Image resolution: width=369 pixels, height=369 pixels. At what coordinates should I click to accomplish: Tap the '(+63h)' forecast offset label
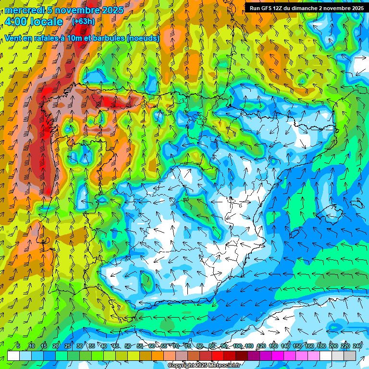coord(83,21)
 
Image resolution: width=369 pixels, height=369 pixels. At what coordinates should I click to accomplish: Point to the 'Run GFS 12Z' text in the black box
coord(266,8)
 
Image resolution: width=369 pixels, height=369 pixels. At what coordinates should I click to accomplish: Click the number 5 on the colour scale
coord(18,346)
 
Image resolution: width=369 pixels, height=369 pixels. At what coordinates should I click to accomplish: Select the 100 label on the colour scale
coord(237,346)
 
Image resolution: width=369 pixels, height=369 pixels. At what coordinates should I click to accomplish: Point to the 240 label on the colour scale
coord(357,346)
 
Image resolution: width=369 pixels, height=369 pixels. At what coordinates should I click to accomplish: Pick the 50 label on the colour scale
coord(127,346)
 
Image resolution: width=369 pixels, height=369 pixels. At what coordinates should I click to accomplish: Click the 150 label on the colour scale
coord(297,346)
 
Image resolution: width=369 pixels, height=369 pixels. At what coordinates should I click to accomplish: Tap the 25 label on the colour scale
coord(67,346)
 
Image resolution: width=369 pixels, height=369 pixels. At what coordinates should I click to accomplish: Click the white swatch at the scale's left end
coord(13,356)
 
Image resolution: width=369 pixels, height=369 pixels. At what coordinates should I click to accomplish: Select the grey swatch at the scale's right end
coord(350,356)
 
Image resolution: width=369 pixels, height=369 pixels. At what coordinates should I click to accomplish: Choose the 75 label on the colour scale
coord(187,346)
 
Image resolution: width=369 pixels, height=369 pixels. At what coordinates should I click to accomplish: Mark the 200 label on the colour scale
coord(333,346)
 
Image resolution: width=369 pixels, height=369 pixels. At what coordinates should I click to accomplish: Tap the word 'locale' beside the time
coord(46,22)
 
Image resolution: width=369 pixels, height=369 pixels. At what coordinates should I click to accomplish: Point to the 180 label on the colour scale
coord(321,346)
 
